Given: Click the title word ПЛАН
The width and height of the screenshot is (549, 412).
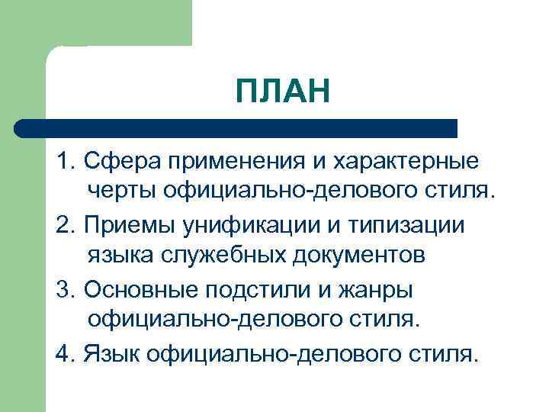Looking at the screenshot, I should tap(283, 92).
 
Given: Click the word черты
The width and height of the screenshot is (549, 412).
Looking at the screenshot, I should tap(120, 189).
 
